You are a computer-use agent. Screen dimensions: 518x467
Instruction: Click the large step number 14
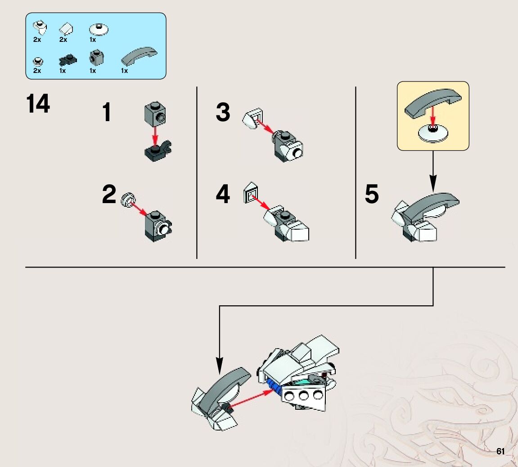click(x=38, y=104)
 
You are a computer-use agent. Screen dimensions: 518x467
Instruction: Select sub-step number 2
click(x=109, y=195)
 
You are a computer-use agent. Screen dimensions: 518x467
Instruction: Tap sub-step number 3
click(x=223, y=112)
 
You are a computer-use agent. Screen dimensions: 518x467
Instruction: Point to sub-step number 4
click(x=223, y=195)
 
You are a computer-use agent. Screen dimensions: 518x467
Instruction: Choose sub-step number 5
click(x=372, y=195)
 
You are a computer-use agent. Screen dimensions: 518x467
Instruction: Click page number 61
click(x=500, y=451)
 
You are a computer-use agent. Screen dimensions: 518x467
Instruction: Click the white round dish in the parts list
click(x=99, y=30)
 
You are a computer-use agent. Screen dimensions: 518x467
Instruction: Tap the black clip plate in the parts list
click(x=68, y=59)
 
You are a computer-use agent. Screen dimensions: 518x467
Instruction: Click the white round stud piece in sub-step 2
click(x=128, y=198)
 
